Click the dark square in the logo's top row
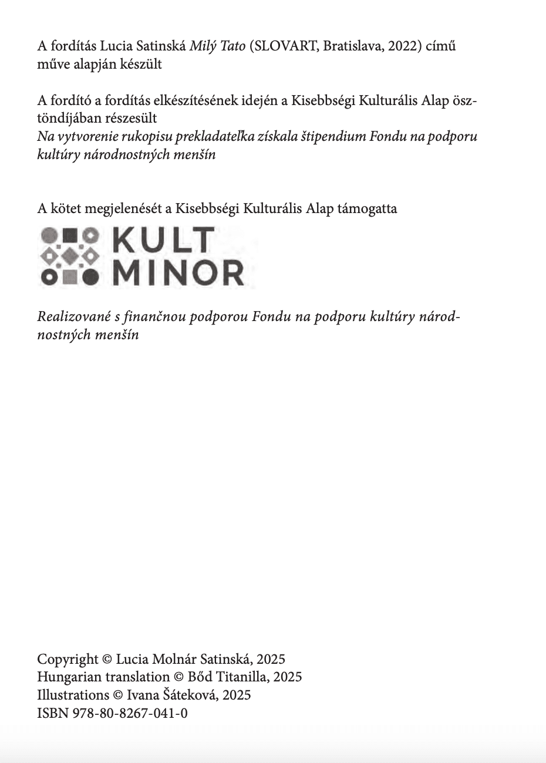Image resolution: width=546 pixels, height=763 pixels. click(x=71, y=236)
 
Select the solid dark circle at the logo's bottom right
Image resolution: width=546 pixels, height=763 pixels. click(x=90, y=276)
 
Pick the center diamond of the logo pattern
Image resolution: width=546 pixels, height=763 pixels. click(x=70, y=256)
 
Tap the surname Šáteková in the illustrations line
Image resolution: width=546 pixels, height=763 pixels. click(x=190, y=696)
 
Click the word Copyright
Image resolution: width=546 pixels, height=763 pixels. click(x=68, y=659)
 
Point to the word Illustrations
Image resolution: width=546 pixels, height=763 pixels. click(x=73, y=696)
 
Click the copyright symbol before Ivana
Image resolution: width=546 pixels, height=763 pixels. click(x=117, y=696)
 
